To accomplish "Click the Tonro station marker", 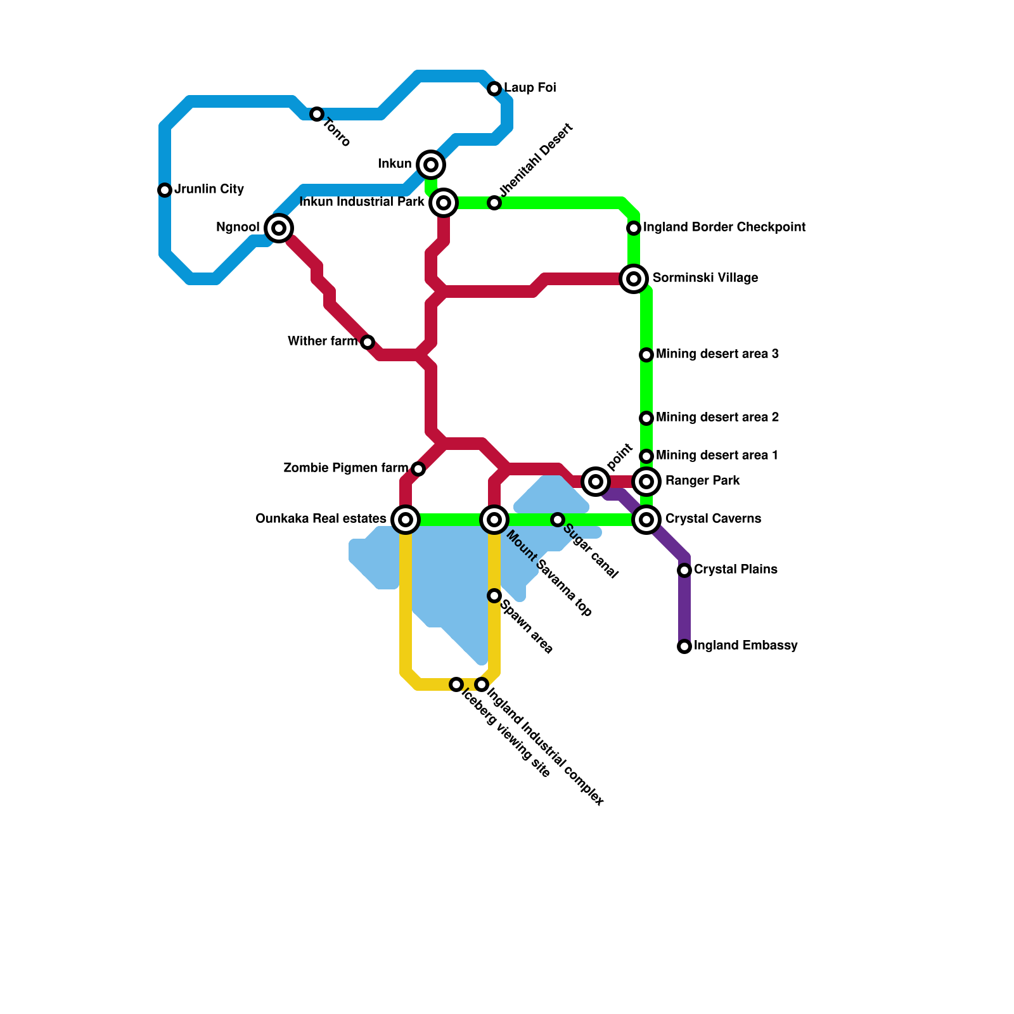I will [x=317, y=114].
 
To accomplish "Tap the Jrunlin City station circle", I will [x=165, y=190].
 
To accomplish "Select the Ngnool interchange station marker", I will [x=279, y=228].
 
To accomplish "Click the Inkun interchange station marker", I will [x=431, y=165].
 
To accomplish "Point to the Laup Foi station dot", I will [x=494, y=89].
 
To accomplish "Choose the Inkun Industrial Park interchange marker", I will [x=444, y=203].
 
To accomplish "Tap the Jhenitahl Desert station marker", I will [x=494, y=203].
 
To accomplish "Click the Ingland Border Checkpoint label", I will [x=724, y=228].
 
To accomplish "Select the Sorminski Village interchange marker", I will [x=634, y=279].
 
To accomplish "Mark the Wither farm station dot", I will [x=368, y=342].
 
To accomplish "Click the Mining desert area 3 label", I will [x=717, y=354].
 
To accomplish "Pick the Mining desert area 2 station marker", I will [x=646, y=418].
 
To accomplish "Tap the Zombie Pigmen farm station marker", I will [x=418, y=469].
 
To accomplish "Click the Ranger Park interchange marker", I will [x=646, y=482].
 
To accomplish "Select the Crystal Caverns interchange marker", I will [x=646, y=520].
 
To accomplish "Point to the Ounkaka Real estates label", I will [x=321, y=519].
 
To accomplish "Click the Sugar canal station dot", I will [x=558, y=520].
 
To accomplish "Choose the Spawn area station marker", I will [x=494, y=596].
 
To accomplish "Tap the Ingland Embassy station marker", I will [x=684, y=646].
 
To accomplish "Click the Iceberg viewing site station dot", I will [x=456, y=684].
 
